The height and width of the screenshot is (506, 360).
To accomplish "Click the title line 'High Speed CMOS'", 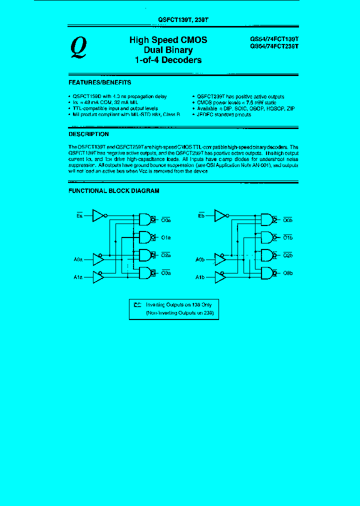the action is click(168, 40).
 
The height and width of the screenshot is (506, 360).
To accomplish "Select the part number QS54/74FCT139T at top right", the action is click(274, 38).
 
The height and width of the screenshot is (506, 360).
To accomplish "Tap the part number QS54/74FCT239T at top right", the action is click(274, 46).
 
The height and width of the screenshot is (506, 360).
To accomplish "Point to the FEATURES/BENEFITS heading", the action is click(99, 82).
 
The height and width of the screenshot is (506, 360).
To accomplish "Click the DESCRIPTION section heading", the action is click(88, 134).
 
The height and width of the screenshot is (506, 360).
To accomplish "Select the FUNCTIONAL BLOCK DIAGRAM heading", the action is click(113, 190).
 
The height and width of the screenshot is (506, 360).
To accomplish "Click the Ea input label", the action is click(79, 215).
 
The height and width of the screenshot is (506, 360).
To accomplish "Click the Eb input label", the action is click(201, 215).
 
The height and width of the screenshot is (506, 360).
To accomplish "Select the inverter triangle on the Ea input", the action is click(98, 215).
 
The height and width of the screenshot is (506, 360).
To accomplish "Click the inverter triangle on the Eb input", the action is click(220, 215).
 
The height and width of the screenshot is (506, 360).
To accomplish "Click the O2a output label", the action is click(166, 255).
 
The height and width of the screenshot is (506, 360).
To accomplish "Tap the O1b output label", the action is click(288, 238).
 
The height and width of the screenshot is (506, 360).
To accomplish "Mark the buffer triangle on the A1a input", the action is click(98, 276).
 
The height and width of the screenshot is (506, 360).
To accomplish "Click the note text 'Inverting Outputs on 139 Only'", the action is click(175, 304).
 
